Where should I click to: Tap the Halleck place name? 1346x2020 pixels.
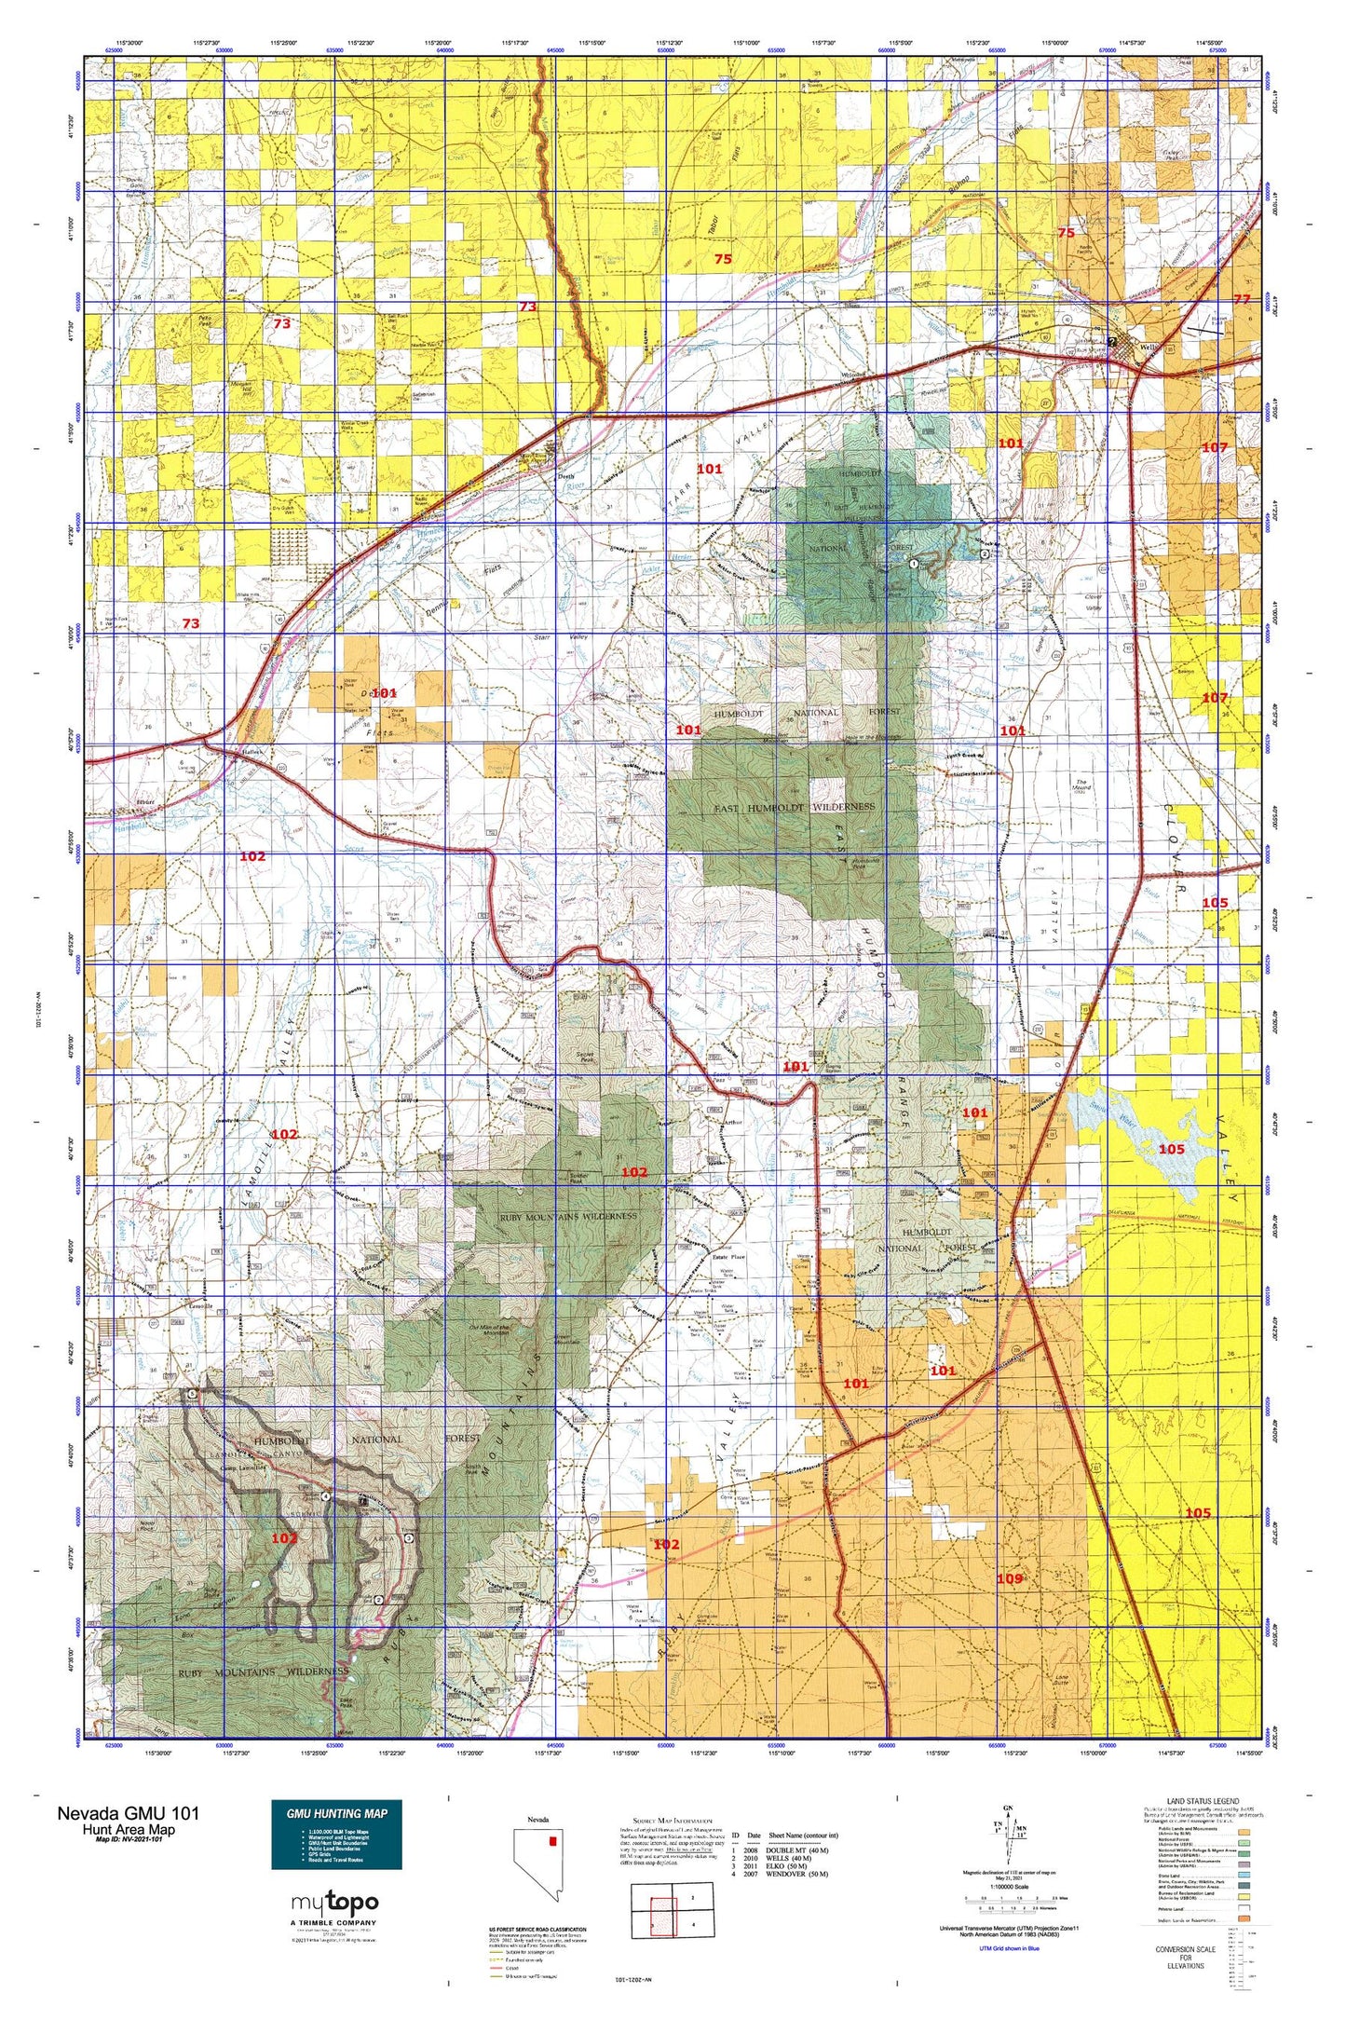(x=228, y=751)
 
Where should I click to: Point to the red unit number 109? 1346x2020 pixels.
(x=1010, y=1578)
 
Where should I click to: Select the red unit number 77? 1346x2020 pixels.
(x=1242, y=299)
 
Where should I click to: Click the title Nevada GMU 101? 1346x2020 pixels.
(x=128, y=1812)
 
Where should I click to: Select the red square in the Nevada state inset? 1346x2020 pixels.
(x=551, y=1841)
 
